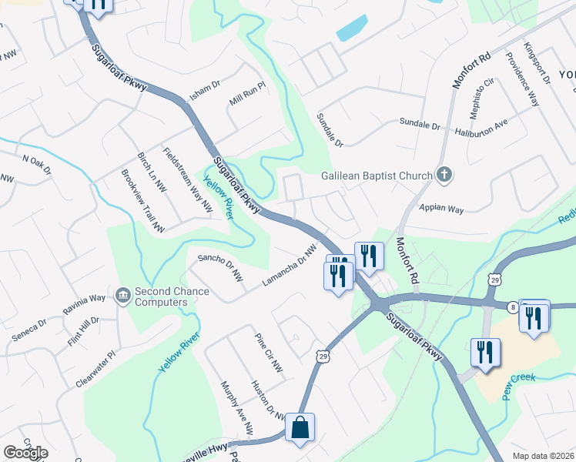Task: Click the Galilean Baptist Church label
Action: point(377,176)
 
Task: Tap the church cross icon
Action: point(444,176)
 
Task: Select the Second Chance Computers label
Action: point(161,296)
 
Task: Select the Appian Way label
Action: point(441,208)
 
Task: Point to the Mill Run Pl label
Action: point(247,95)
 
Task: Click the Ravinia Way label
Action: point(85,299)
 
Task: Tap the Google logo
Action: point(25,453)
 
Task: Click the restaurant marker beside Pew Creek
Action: point(485,353)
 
